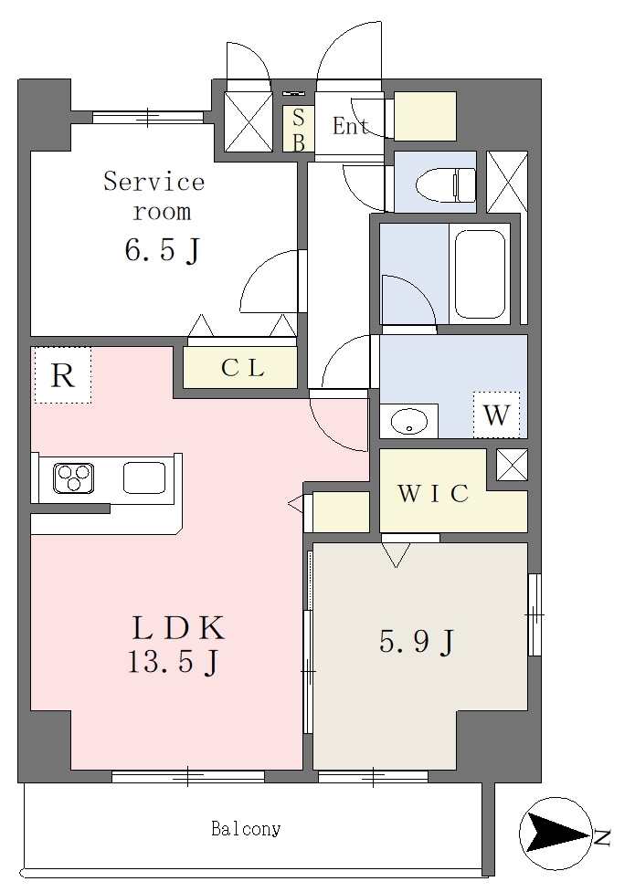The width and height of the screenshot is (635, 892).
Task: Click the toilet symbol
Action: [x=446, y=184]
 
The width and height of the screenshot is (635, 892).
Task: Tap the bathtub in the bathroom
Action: [x=480, y=274]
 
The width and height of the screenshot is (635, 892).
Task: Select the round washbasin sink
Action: [x=409, y=421]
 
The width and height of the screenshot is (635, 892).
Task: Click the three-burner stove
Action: [x=73, y=477]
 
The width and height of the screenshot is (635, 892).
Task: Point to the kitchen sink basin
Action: [x=144, y=477]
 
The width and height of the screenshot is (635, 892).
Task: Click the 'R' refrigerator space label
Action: [x=63, y=375]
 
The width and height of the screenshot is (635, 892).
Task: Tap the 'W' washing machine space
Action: [x=496, y=415]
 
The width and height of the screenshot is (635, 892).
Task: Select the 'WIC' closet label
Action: [x=433, y=493]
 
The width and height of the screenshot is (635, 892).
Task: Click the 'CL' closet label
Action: [x=242, y=368]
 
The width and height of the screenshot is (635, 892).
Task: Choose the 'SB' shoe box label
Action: [x=298, y=130]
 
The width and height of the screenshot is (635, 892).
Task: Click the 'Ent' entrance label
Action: [x=350, y=126]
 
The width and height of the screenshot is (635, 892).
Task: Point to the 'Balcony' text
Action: [x=246, y=829]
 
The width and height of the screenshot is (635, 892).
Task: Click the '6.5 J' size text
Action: [x=163, y=249]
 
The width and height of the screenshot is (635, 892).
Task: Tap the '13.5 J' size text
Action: [x=173, y=662]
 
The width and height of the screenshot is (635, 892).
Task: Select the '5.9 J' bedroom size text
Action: [x=417, y=642]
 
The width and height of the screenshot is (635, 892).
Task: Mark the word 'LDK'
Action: [x=178, y=628]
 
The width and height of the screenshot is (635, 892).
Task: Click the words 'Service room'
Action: [x=153, y=196]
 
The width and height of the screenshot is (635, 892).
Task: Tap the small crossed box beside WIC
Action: [x=512, y=464]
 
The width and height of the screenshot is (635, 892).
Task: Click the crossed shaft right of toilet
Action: [x=507, y=182]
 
